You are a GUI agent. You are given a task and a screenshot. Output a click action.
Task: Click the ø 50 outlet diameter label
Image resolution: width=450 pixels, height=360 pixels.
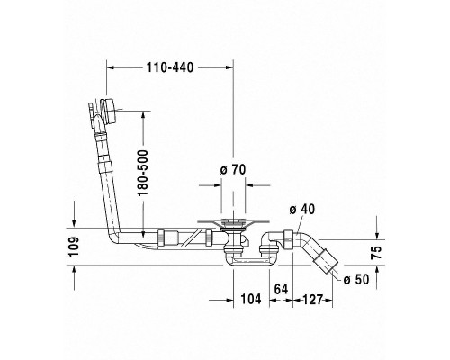[x=355, y=281]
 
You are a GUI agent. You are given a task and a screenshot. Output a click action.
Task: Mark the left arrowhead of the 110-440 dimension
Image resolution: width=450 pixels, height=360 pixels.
[x=110, y=67]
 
